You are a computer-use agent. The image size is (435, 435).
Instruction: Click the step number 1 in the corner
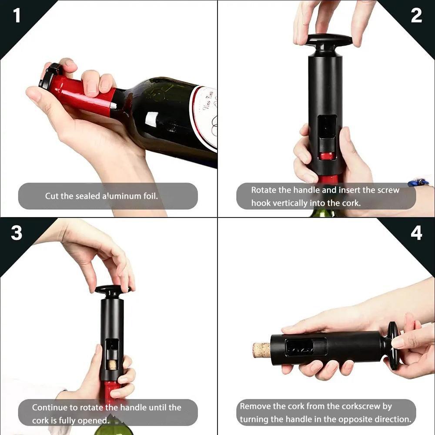click(17, 16)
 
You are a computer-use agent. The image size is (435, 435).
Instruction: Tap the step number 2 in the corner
click(416, 16)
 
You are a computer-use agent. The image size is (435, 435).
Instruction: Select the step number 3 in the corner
click(17, 233)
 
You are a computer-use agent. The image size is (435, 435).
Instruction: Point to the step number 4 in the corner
click(416, 233)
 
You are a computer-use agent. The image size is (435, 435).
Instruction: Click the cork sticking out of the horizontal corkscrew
click(261, 350)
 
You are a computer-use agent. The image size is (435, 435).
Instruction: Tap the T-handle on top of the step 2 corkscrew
click(329, 40)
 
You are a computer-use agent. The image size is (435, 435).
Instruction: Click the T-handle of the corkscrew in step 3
click(112, 289)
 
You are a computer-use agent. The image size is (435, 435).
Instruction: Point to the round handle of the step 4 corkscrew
click(394, 346)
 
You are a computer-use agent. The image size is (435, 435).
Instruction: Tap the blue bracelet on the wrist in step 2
click(418, 182)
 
